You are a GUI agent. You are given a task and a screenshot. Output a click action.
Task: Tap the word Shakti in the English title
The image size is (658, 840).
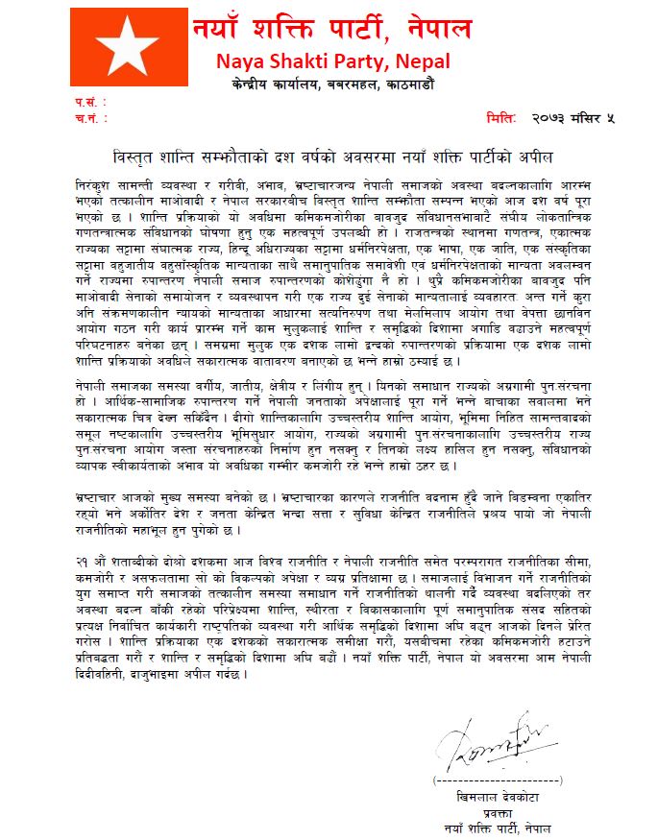point(305,62)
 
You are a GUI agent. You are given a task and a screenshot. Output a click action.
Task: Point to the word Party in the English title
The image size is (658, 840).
point(377,62)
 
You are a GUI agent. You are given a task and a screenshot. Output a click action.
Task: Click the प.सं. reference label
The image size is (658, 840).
point(86,102)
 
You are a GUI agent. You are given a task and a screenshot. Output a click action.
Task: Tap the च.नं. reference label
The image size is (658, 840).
point(86,118)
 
